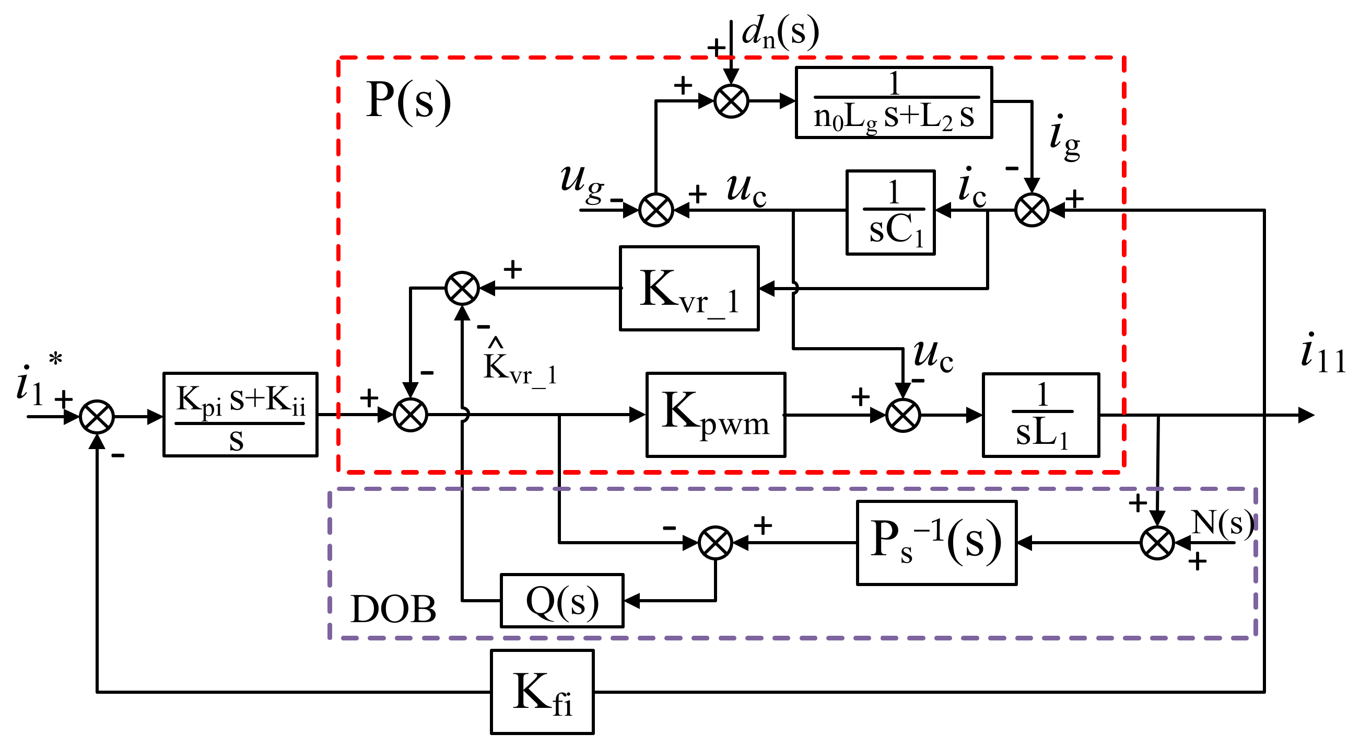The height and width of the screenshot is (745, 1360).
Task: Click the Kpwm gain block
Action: (716, 415)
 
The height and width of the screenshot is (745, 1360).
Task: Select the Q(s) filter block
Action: (562, 601)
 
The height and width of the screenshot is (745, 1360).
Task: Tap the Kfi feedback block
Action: (542, 692)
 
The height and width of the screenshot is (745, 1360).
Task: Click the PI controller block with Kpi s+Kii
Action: (240, 415)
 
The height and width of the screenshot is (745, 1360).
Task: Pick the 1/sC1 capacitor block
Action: (890, 212)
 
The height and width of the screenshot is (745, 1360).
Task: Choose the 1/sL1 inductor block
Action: (1040, 415)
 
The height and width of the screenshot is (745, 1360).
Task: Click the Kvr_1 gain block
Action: (689, 289)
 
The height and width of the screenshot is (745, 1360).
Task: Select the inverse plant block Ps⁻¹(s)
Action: (936, 543)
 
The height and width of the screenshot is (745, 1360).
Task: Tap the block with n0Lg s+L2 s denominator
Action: (894, 102)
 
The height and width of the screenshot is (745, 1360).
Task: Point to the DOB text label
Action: (393, 609)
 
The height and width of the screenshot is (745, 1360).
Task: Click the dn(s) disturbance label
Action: (780, 32)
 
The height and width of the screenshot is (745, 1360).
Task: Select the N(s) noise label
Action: (1222, 523)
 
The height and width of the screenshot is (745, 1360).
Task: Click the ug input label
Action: (582, 182)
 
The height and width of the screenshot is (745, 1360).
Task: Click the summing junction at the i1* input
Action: (97, 416)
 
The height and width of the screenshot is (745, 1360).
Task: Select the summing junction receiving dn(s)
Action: (731, 101)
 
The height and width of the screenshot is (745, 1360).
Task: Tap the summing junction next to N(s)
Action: (1157, 543)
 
